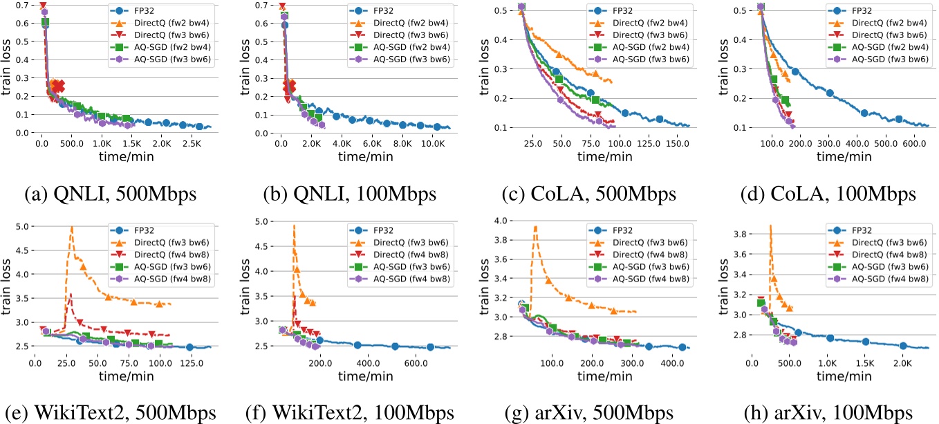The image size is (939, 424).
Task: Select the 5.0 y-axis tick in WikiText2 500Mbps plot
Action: click(x=21, y=226)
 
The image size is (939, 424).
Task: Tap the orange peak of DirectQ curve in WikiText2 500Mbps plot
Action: click(x=71, y=228)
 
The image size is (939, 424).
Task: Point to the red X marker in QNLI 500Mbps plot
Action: click(x=59, y=86)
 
